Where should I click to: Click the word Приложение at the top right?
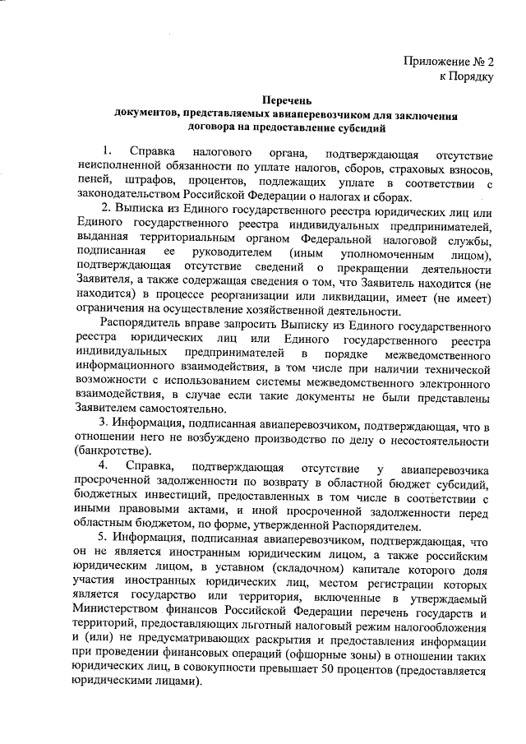coord(436,62)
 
